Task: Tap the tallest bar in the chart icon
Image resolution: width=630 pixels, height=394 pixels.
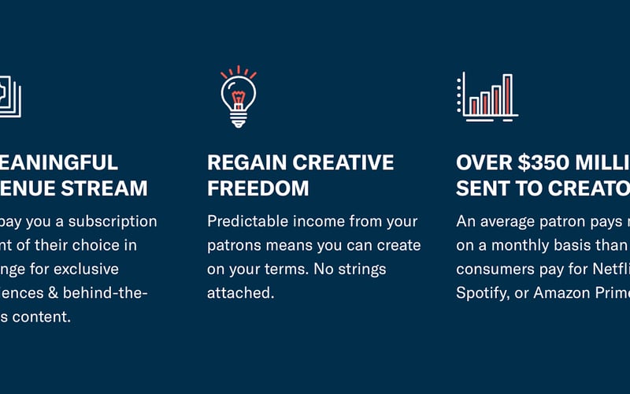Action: click(x=507, y=95)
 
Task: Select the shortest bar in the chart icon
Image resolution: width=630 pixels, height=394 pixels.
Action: click(x=474, y=106)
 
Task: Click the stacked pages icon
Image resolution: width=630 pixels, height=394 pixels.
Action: click(x=9, y=96)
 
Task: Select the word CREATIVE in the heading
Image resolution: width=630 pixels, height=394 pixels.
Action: click(x=343, y=163)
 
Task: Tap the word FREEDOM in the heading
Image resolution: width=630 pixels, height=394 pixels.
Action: click(x=258, y=189)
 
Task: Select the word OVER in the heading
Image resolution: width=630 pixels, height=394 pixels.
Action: click(x=484, y=163)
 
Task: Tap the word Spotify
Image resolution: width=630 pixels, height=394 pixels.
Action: click(x=484, y=293)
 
